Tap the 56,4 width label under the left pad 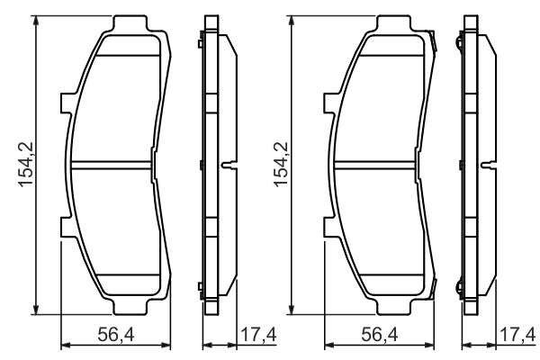115,335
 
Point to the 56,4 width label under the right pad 378,335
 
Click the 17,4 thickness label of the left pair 256,335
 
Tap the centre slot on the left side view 229,165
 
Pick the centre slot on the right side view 490,165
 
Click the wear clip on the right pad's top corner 435,40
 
